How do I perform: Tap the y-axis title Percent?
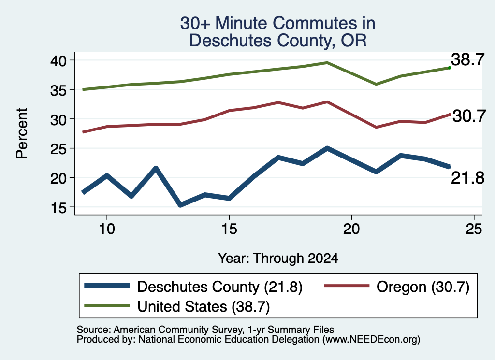pos(22,133)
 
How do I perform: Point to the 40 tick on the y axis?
pos(58,60)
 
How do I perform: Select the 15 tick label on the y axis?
pos(58,207)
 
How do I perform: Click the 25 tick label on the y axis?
pos(58,149)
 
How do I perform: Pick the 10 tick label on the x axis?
pos(107,229)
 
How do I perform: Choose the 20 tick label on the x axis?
pos(351,229)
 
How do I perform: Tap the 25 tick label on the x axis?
pos(474,229)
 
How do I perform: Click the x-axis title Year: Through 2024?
pos(278,258)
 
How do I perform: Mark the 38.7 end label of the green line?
pos(467,59)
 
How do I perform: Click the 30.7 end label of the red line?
pos(469,116)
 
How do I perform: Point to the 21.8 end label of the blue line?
pos(467,178)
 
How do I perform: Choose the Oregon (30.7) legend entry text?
pos(423,287)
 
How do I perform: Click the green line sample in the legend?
pos(107,306)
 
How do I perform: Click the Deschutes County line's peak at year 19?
pos(327,148)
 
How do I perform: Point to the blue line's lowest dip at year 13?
pos(180,205)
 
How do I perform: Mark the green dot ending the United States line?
pos(450,68)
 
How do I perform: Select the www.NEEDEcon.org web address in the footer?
pos(371,340)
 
